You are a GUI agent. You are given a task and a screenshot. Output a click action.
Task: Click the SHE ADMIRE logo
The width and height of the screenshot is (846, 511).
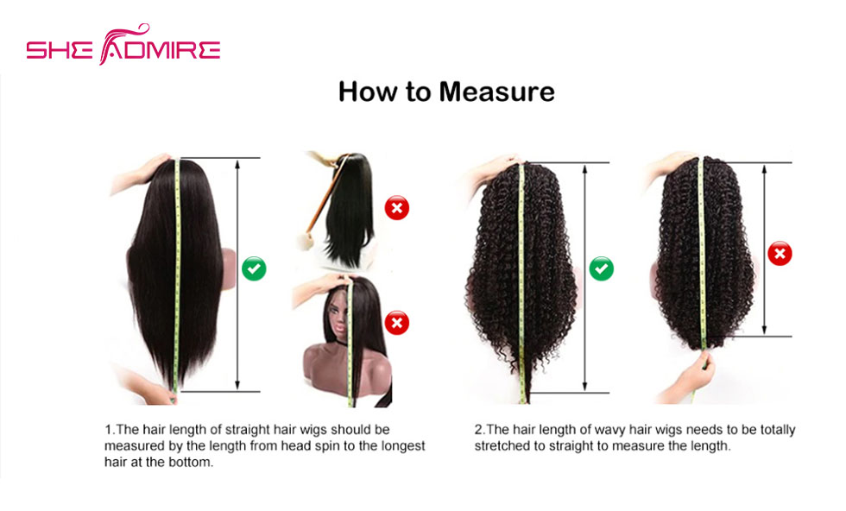point(123,45)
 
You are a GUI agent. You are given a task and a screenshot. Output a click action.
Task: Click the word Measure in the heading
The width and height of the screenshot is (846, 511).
point(496,91)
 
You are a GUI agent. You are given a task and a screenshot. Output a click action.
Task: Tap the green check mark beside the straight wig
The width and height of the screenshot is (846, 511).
point(254,268)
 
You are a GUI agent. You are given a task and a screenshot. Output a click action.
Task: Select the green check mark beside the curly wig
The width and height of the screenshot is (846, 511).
point(601,268)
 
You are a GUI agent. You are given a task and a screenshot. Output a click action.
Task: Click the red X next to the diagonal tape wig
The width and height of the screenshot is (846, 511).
point(396,208)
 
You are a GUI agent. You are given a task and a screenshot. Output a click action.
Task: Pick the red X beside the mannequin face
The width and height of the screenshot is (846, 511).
point(396,323)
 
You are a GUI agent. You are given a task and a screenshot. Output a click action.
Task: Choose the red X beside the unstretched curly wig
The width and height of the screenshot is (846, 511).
point(780,253)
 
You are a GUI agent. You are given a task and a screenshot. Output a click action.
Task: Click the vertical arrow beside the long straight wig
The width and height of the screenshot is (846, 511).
point(237,274)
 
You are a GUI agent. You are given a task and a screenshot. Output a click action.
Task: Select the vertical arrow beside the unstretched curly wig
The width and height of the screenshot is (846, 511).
point(764,249)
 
